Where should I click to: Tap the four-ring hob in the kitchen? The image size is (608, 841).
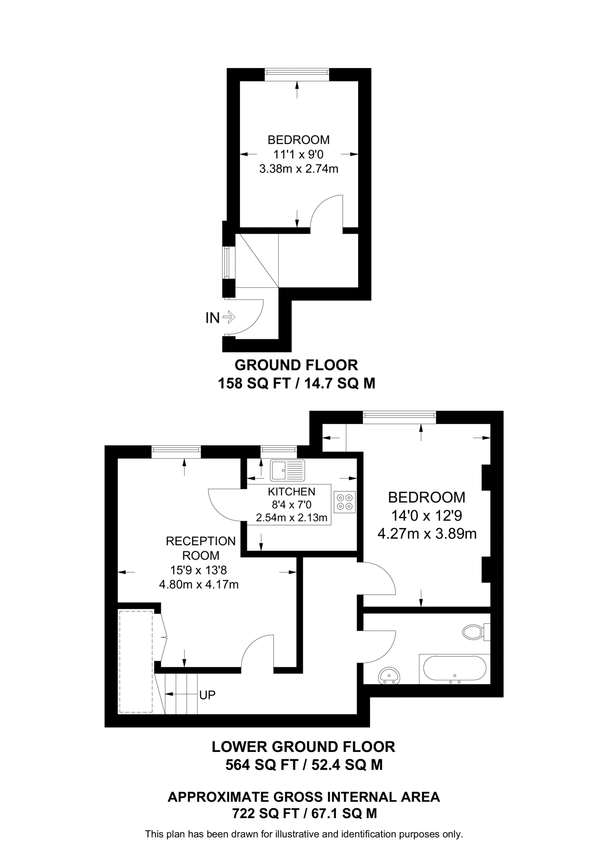(344, 501)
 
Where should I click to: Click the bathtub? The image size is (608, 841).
(454, 669)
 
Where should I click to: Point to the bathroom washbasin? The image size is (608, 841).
(389, 676)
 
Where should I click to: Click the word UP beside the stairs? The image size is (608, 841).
(207, 695)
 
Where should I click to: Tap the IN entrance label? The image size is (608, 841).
(213, 318)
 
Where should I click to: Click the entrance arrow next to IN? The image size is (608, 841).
(229, 317)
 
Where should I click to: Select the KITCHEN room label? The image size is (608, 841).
(291, 492)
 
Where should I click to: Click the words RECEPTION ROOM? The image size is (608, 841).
(201, 548)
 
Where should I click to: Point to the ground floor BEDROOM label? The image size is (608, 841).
(298, 140)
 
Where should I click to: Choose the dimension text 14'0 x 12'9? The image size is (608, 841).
(427, 516)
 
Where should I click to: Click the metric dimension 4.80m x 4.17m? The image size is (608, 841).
(199, 584)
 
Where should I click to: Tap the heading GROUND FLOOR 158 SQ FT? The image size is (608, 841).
(296, 365)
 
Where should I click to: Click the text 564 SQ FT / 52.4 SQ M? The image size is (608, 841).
(304, 765)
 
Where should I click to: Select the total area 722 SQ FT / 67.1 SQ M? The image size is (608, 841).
(304, 813)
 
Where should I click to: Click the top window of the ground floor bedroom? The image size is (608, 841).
(297, 74)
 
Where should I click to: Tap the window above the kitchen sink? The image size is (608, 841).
(279, 451)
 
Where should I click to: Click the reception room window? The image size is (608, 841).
(176, 451)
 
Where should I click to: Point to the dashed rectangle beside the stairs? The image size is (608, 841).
(136, 661)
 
